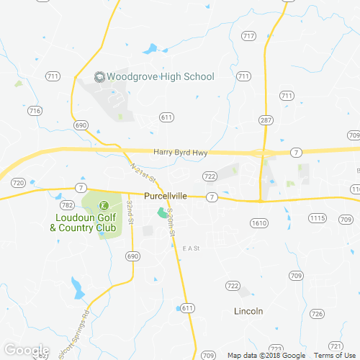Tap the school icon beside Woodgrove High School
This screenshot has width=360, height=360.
[x=100, y=76]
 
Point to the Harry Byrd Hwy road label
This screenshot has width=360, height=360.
[x=180, y=152]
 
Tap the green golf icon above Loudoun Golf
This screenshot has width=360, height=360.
[x=102, y=204]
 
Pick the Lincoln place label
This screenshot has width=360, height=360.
[x=248, y=311]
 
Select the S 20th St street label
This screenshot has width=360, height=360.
[x=171, y=222]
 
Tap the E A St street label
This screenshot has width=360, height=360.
[x=191, y=248]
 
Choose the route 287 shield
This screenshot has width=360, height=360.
[x=266, y=120]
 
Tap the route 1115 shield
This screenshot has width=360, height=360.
[x=318, y=217]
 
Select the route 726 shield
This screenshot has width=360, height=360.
[x=317, y=313]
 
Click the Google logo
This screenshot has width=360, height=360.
[x=25, y=351]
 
